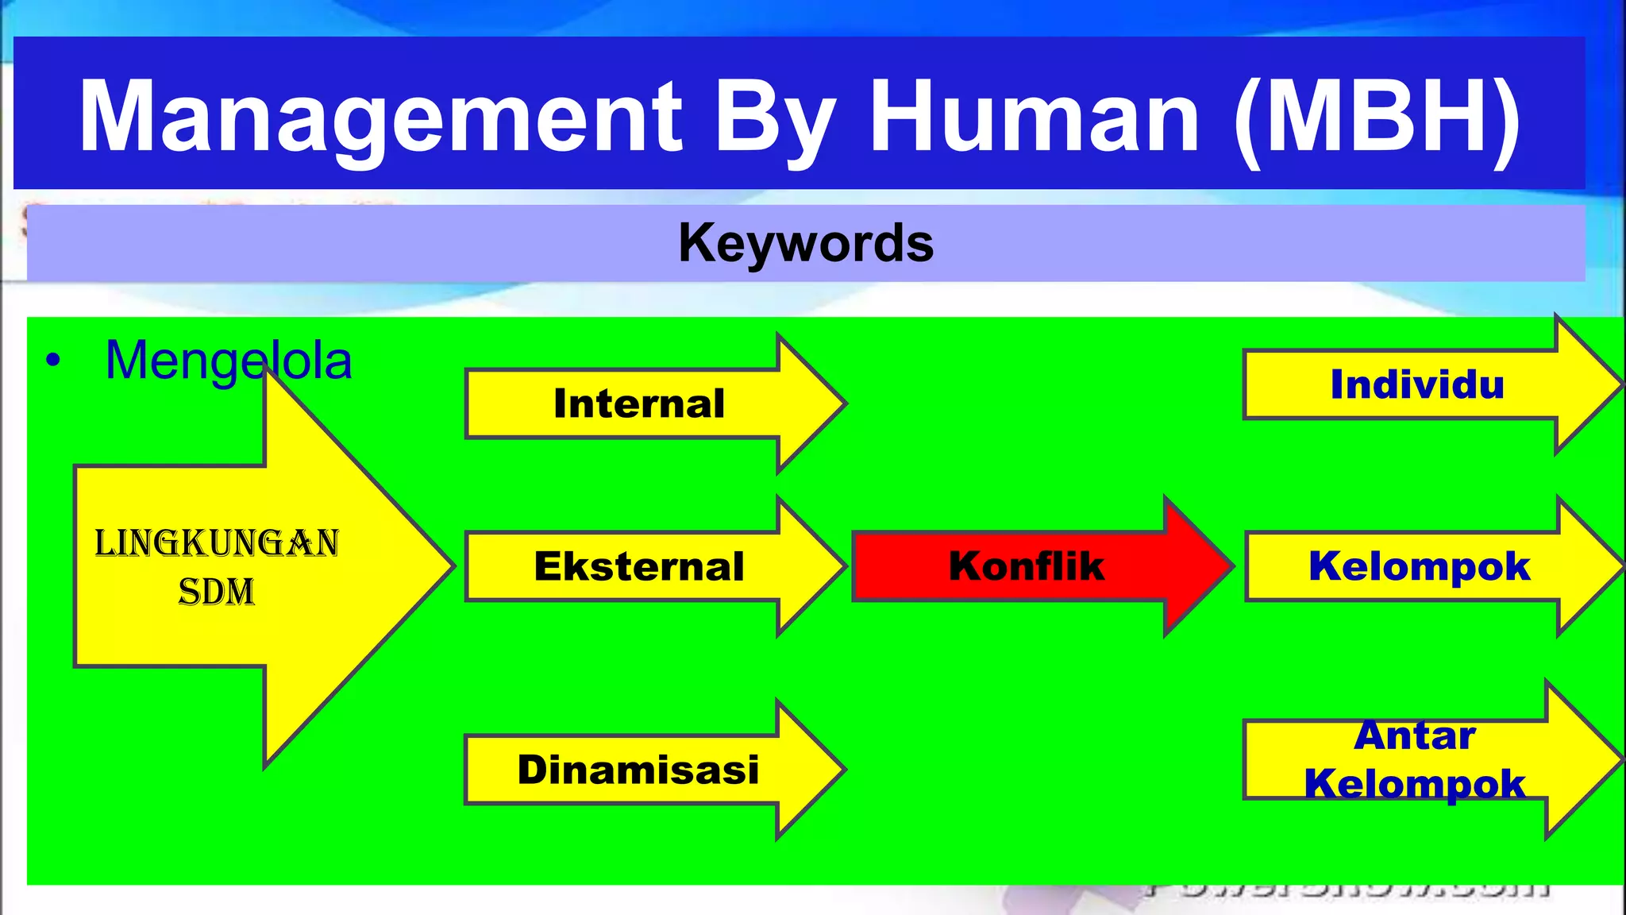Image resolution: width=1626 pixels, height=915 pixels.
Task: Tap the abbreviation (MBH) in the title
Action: pos(1377,117)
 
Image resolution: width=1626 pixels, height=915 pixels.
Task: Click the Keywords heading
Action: pos(806,243)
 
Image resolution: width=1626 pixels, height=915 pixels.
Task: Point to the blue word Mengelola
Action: pos(229,361)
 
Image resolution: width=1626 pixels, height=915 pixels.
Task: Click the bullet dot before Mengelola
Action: pos(53,361)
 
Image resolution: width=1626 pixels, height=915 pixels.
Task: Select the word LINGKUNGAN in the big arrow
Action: pos(217,544)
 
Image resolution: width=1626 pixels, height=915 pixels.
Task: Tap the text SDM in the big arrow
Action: pos(217,593)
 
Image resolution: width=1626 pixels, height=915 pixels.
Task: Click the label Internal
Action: pos(639,403)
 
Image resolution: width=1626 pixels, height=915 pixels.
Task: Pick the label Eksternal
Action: pos(639,566)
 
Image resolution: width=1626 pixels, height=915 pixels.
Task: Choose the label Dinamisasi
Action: pos(638,770)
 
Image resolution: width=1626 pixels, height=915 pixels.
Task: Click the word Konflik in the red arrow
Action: pos(1027,566)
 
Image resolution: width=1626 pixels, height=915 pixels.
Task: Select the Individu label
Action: pos(1417,384)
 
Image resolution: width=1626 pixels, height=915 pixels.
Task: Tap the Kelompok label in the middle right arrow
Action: pos(1419,566)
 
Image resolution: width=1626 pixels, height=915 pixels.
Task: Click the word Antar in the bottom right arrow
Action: pos(1415,735)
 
